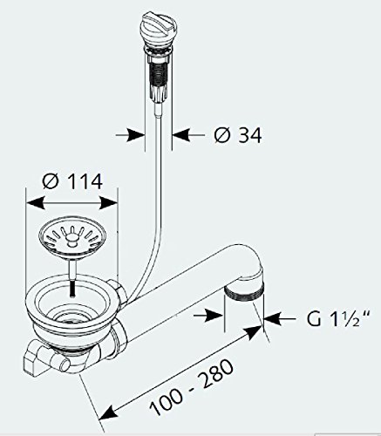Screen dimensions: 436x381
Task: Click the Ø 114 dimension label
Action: point(74,182)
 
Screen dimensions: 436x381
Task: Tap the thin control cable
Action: point(155,174)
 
